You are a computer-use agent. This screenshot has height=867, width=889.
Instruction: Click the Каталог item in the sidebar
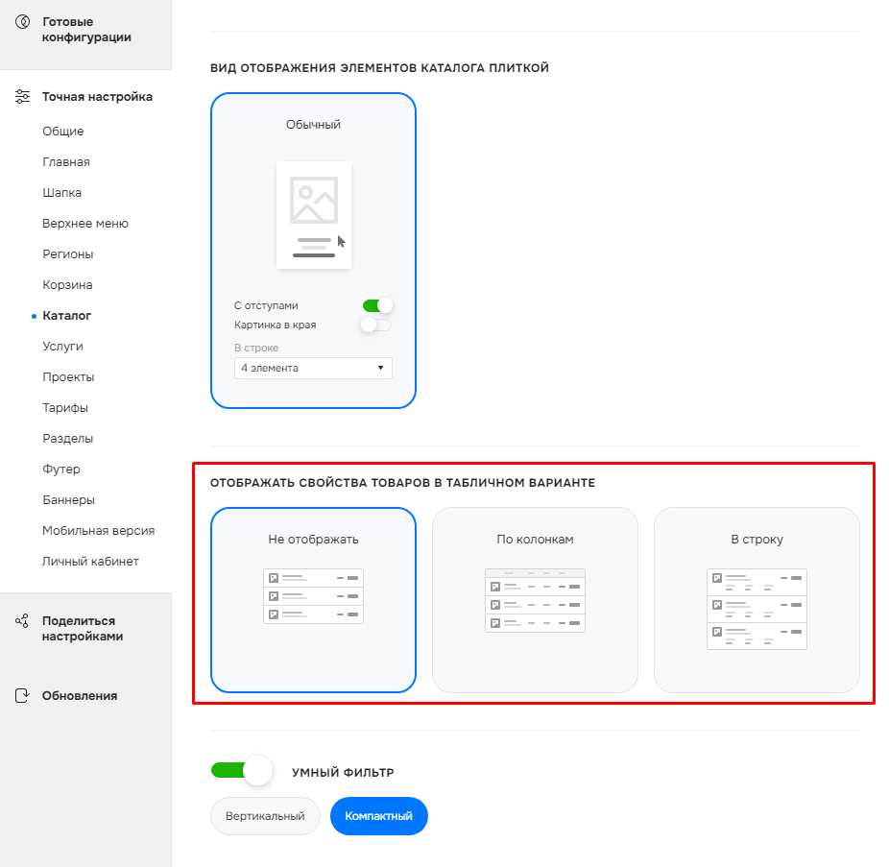click(66, 316)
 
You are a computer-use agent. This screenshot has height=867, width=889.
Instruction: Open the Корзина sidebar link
click(67, 285)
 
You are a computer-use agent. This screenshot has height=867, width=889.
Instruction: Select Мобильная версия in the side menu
click(98, 531)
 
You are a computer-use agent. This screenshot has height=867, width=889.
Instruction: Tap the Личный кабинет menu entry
click(90, 562)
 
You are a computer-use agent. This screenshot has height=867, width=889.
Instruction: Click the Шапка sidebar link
click(61, 193)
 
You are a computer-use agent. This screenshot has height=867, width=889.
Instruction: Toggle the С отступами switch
click(377, 305)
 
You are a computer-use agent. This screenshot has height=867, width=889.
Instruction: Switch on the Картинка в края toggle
click(376, 325)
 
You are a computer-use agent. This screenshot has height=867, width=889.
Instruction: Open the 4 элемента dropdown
click(313, 368)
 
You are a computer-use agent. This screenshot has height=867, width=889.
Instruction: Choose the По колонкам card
click(535, 600)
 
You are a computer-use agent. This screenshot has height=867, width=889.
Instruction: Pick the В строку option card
click(757, 600)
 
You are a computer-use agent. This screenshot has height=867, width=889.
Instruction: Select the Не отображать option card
click(313, 600)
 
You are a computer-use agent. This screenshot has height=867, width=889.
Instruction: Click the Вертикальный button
click(265, 816)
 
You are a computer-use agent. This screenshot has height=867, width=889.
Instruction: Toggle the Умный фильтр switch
click(242, 771)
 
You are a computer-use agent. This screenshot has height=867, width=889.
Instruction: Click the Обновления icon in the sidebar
click(22, 696)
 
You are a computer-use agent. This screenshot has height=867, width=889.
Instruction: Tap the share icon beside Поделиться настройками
click(22, 621)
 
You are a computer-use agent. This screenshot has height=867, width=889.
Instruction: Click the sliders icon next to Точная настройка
click(22, 96)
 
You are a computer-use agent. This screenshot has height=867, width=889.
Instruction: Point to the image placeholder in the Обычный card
click(314, 200)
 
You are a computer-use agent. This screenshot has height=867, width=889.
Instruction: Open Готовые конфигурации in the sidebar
click(86, 30)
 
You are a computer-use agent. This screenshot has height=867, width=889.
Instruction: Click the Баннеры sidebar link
click(68, 500)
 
